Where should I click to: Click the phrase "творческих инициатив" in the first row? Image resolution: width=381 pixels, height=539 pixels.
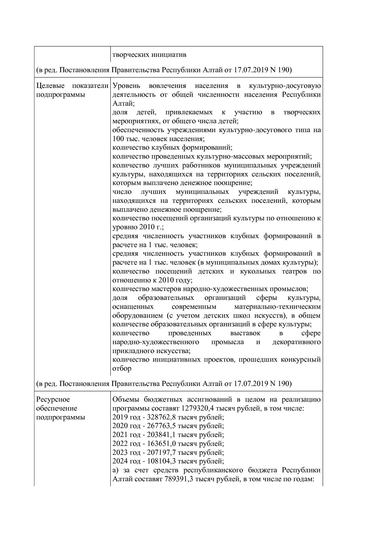149,55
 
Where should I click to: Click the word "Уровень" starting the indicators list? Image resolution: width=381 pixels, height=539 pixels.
126,86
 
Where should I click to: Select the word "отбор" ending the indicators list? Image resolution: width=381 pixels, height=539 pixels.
122,368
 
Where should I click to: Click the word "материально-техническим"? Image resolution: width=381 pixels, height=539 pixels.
277,307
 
